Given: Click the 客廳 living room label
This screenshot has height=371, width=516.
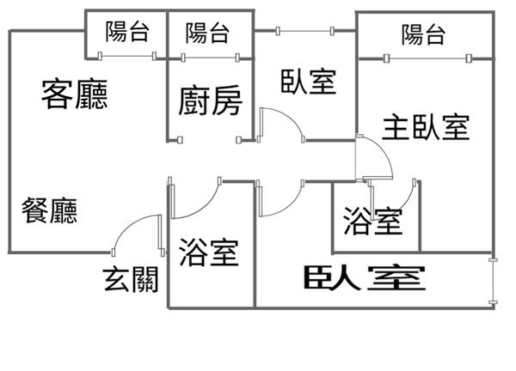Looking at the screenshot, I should click(75, 95).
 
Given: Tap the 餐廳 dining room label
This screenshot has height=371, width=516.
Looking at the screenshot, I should click(50, 210).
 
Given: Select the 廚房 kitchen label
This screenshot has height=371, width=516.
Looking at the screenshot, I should click(211, 101).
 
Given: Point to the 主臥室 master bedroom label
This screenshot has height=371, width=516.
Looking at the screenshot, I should click(426, 127).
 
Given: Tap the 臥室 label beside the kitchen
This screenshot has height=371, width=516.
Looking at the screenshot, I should click(308, 82).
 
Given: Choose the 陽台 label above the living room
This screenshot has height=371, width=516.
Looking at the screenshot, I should click(127, 33).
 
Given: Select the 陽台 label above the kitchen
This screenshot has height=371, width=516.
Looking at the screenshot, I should click(208, 33).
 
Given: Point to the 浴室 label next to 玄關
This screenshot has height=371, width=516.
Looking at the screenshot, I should click(209, 252).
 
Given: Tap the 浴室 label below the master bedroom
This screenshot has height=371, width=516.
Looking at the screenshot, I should click(372, 222).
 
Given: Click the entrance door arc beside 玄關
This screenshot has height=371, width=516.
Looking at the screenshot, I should click(133, 230).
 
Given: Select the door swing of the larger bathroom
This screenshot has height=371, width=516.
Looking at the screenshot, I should click(196, 199).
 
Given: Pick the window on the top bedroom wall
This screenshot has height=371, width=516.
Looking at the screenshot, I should click(304, 31).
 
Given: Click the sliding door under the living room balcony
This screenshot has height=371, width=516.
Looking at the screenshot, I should click(127, 57).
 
